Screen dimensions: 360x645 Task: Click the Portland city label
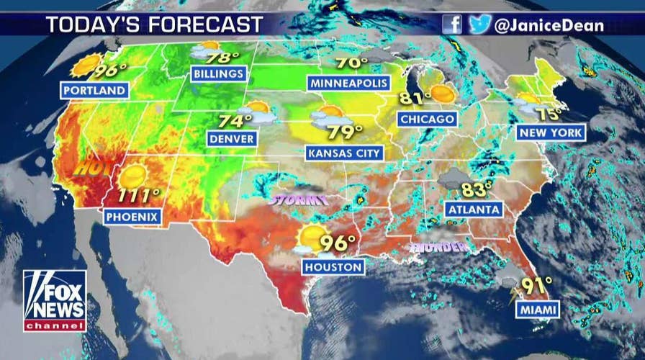pyautogui.click(x=94, y=90)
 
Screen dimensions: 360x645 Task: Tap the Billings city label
pyautogui.click(x=219, y=73)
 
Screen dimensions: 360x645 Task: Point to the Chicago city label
pyautogui.click(x=427, y=119)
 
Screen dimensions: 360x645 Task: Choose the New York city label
pyautogui.click(x=551, y=132)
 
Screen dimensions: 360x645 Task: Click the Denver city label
pyautogui.click(x=232, y=138)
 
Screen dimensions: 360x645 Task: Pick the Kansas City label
pyautogui.click(x=344, y=153)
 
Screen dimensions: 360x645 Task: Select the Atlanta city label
pyautogui.click(x=473, y=210)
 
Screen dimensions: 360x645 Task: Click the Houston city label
pyautogui.click(x=333, y=266)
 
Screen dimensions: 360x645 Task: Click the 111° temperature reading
pyautogui.click(x=139, y=194)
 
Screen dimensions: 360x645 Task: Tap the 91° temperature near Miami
pyautogui.click(x=537, y=286)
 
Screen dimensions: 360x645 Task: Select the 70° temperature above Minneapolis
pyautogui.click(x=352, y=63)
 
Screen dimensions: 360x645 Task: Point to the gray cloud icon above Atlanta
pyautogui.click(x=453, y=179)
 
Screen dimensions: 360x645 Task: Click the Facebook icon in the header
pyautogui.click(x=452, y=24)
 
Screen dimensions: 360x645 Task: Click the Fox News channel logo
pyautogui.click(x=55, y=301)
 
